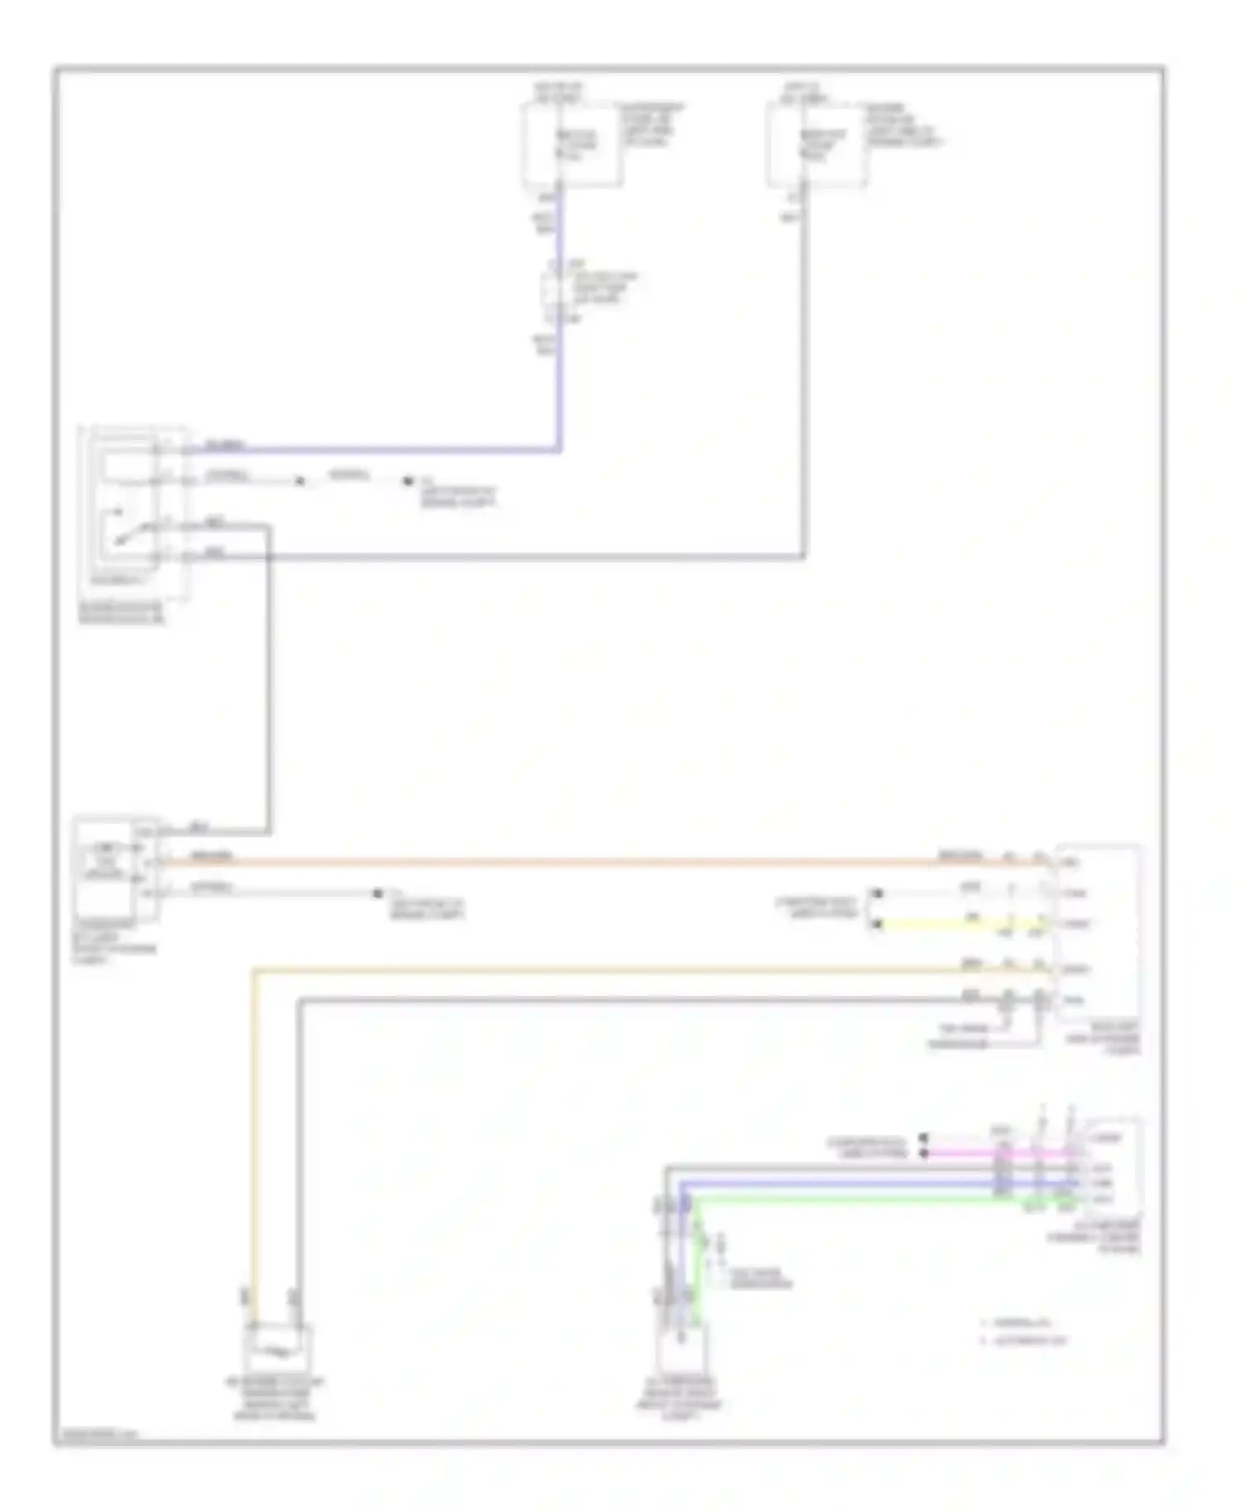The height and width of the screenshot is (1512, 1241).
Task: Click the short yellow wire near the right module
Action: coord(951,924)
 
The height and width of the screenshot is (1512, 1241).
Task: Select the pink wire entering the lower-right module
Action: coord(993,1152)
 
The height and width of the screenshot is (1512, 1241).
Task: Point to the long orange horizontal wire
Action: coord(579,862)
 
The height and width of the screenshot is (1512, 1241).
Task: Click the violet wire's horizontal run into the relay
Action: coord(372,451)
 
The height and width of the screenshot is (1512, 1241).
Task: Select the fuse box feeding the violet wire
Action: coord(571,145)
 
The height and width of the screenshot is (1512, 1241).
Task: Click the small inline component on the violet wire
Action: coord(553,291)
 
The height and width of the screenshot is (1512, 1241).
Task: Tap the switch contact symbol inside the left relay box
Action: coord(124,529)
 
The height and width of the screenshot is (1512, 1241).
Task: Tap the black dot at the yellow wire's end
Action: coord(877,924)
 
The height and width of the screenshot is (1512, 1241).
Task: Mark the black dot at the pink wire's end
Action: coord(925,1152)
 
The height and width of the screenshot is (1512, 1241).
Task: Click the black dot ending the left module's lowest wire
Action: coord(377,893)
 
